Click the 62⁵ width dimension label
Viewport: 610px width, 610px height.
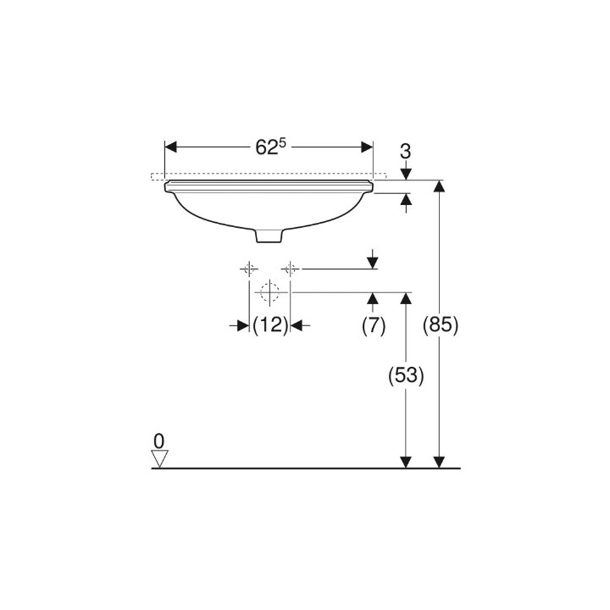coord(270,147)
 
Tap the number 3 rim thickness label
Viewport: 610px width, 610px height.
coord(405,152)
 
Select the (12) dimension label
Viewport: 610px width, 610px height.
coord(270,325)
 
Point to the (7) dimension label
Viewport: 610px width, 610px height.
coord(374,325)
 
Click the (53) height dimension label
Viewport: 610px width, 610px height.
coord(406,376)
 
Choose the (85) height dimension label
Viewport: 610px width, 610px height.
coord(441,325)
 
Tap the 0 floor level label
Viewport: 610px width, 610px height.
coord(158,441)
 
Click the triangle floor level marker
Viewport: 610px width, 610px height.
coord(159,458)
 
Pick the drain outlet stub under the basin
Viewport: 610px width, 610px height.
coord(269,236)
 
